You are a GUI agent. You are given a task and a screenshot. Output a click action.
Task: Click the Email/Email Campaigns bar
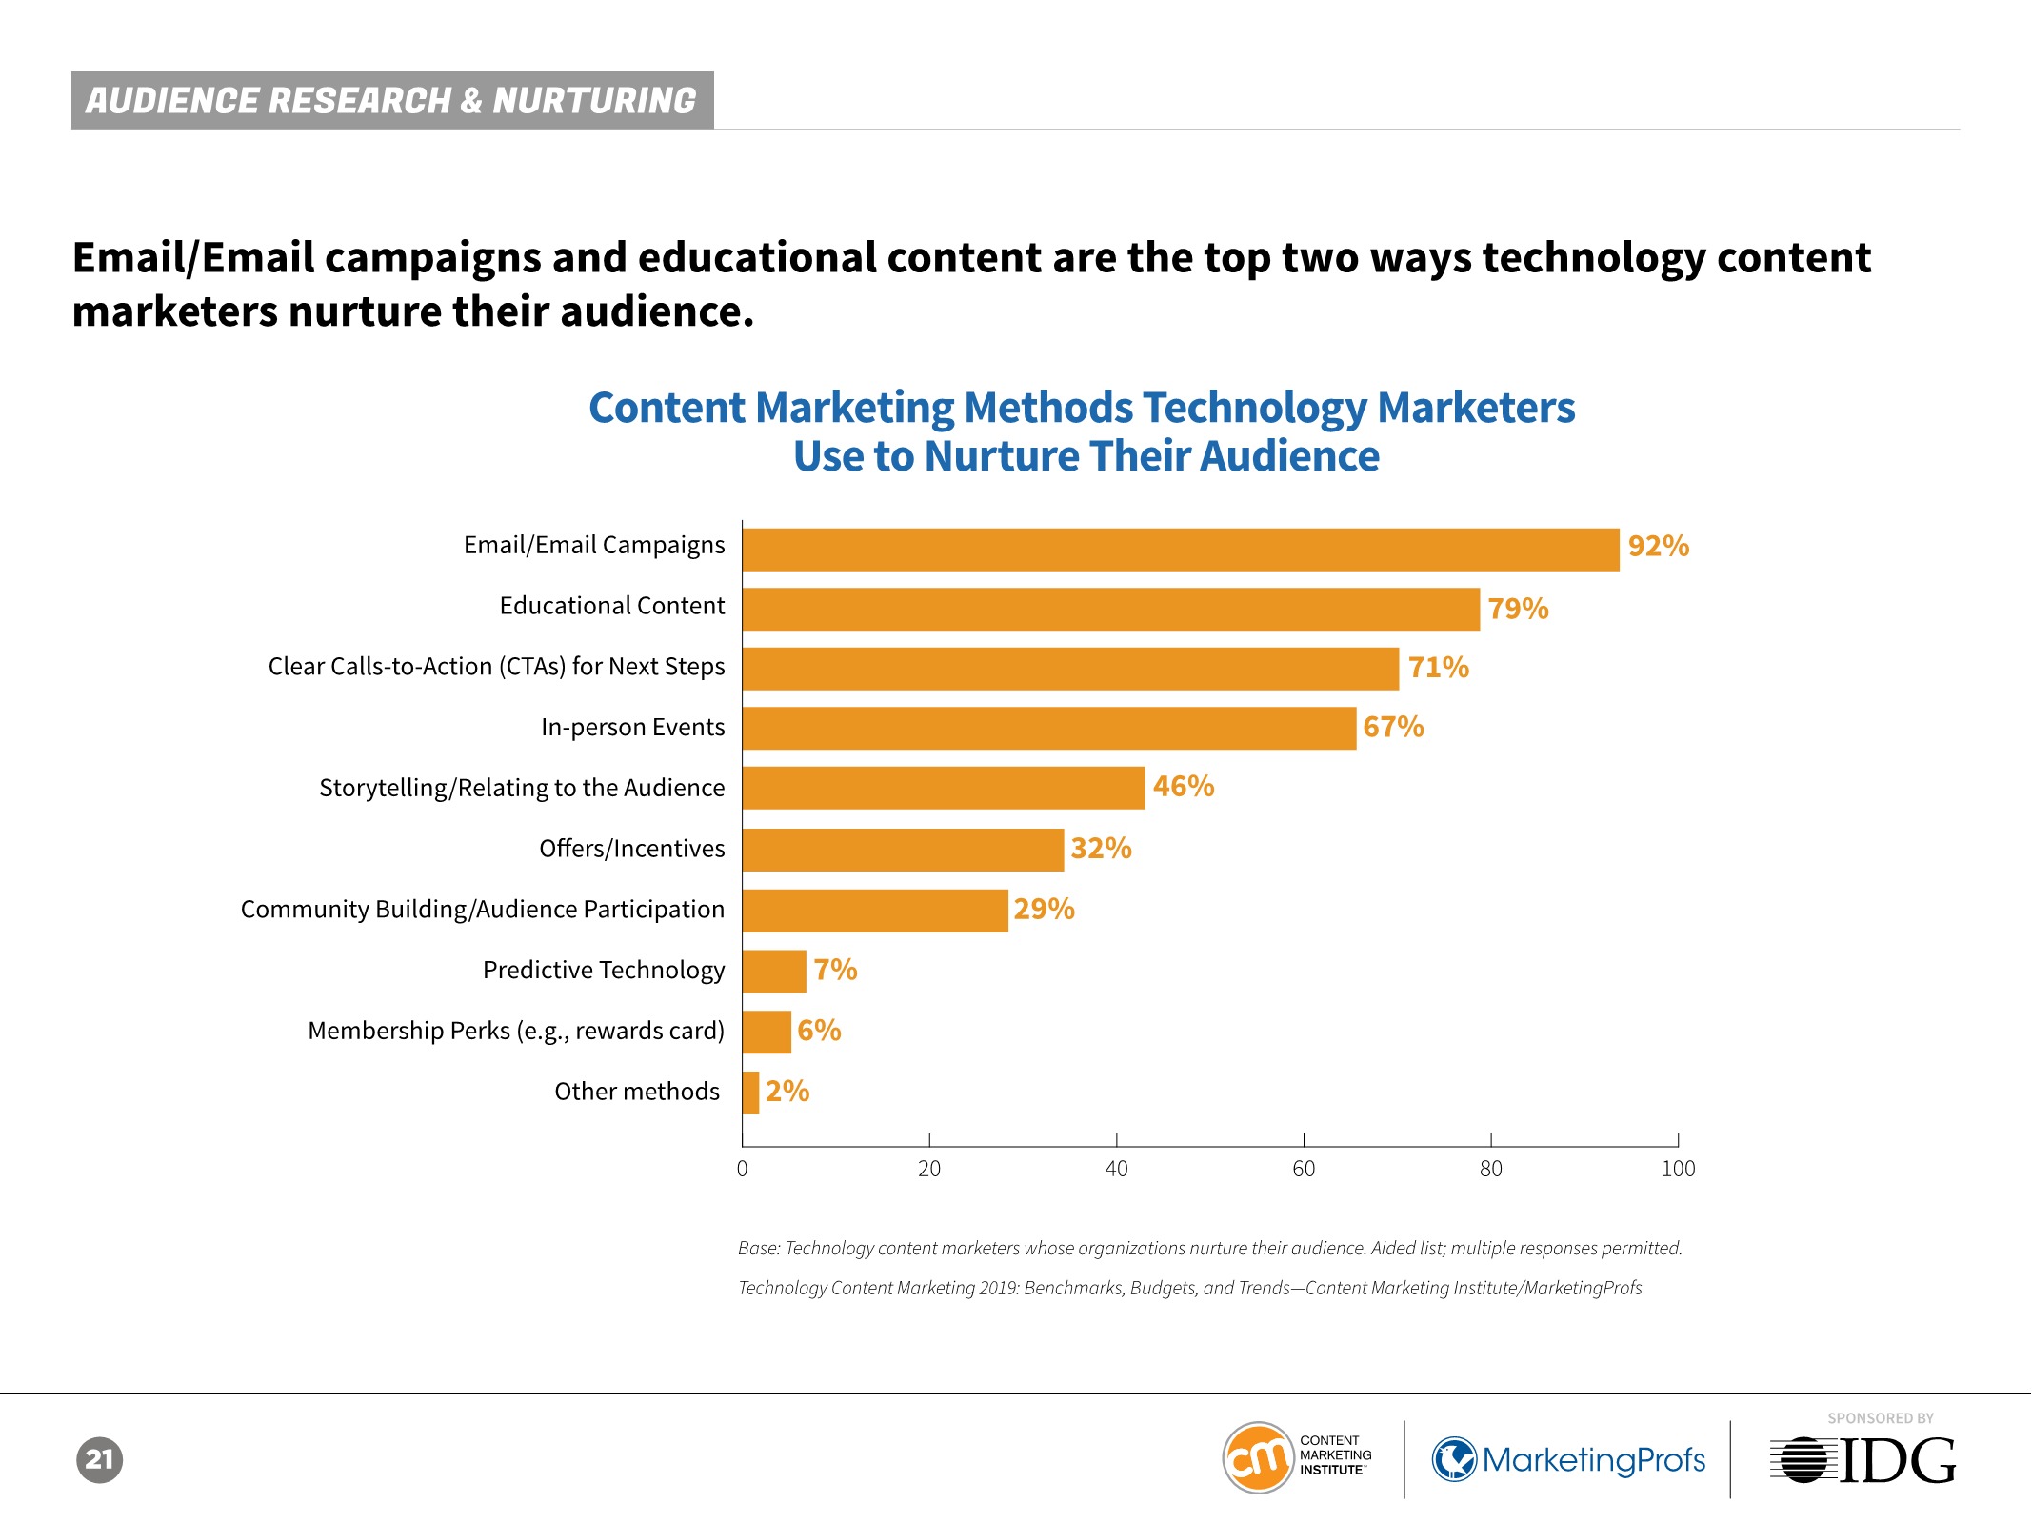coord(1181,550)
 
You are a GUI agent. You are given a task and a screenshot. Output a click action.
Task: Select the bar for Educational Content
coord(1111,609)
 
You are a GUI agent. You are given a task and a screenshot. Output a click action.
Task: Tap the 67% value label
coord(1393,727)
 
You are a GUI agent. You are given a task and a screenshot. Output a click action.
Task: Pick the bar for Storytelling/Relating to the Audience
coord(944,788)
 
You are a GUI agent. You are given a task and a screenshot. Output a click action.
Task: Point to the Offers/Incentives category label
coord(631,848)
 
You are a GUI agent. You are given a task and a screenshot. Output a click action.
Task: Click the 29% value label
coord(1044,909)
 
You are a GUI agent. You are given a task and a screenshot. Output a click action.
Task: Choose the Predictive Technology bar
coord(774,971)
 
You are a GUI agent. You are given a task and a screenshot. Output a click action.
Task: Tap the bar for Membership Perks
coord(767,1032)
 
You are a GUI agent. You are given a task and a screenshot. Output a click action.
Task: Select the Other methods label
coord(637,1091)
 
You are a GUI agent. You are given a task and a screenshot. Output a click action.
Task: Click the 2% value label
coord(787,1091)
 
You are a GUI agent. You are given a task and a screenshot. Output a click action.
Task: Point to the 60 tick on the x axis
coord(1304,1169)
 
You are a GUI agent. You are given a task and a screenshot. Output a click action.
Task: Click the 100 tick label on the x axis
coord(1678,1169)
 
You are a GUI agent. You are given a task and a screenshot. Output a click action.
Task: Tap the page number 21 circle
coord(100,1459)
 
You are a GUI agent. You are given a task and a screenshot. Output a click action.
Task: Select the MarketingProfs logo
coord(1569,1459)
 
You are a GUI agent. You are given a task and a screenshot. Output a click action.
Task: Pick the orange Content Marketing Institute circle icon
coord(1258,1458)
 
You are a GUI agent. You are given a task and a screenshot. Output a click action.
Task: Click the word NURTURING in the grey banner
coord(594,100)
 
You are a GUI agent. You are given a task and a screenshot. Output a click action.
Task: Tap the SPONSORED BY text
coord(1881,1418)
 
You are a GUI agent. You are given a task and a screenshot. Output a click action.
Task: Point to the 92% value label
coord(1658,546)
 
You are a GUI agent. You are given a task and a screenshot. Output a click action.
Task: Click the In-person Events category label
coord(632,727)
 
